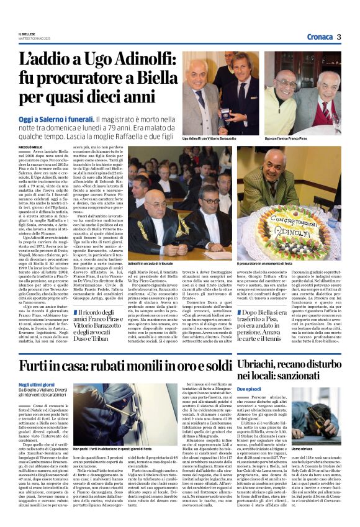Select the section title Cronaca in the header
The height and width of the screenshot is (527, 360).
click(318, 37)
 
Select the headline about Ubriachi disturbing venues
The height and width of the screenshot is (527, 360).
click(289, 368)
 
